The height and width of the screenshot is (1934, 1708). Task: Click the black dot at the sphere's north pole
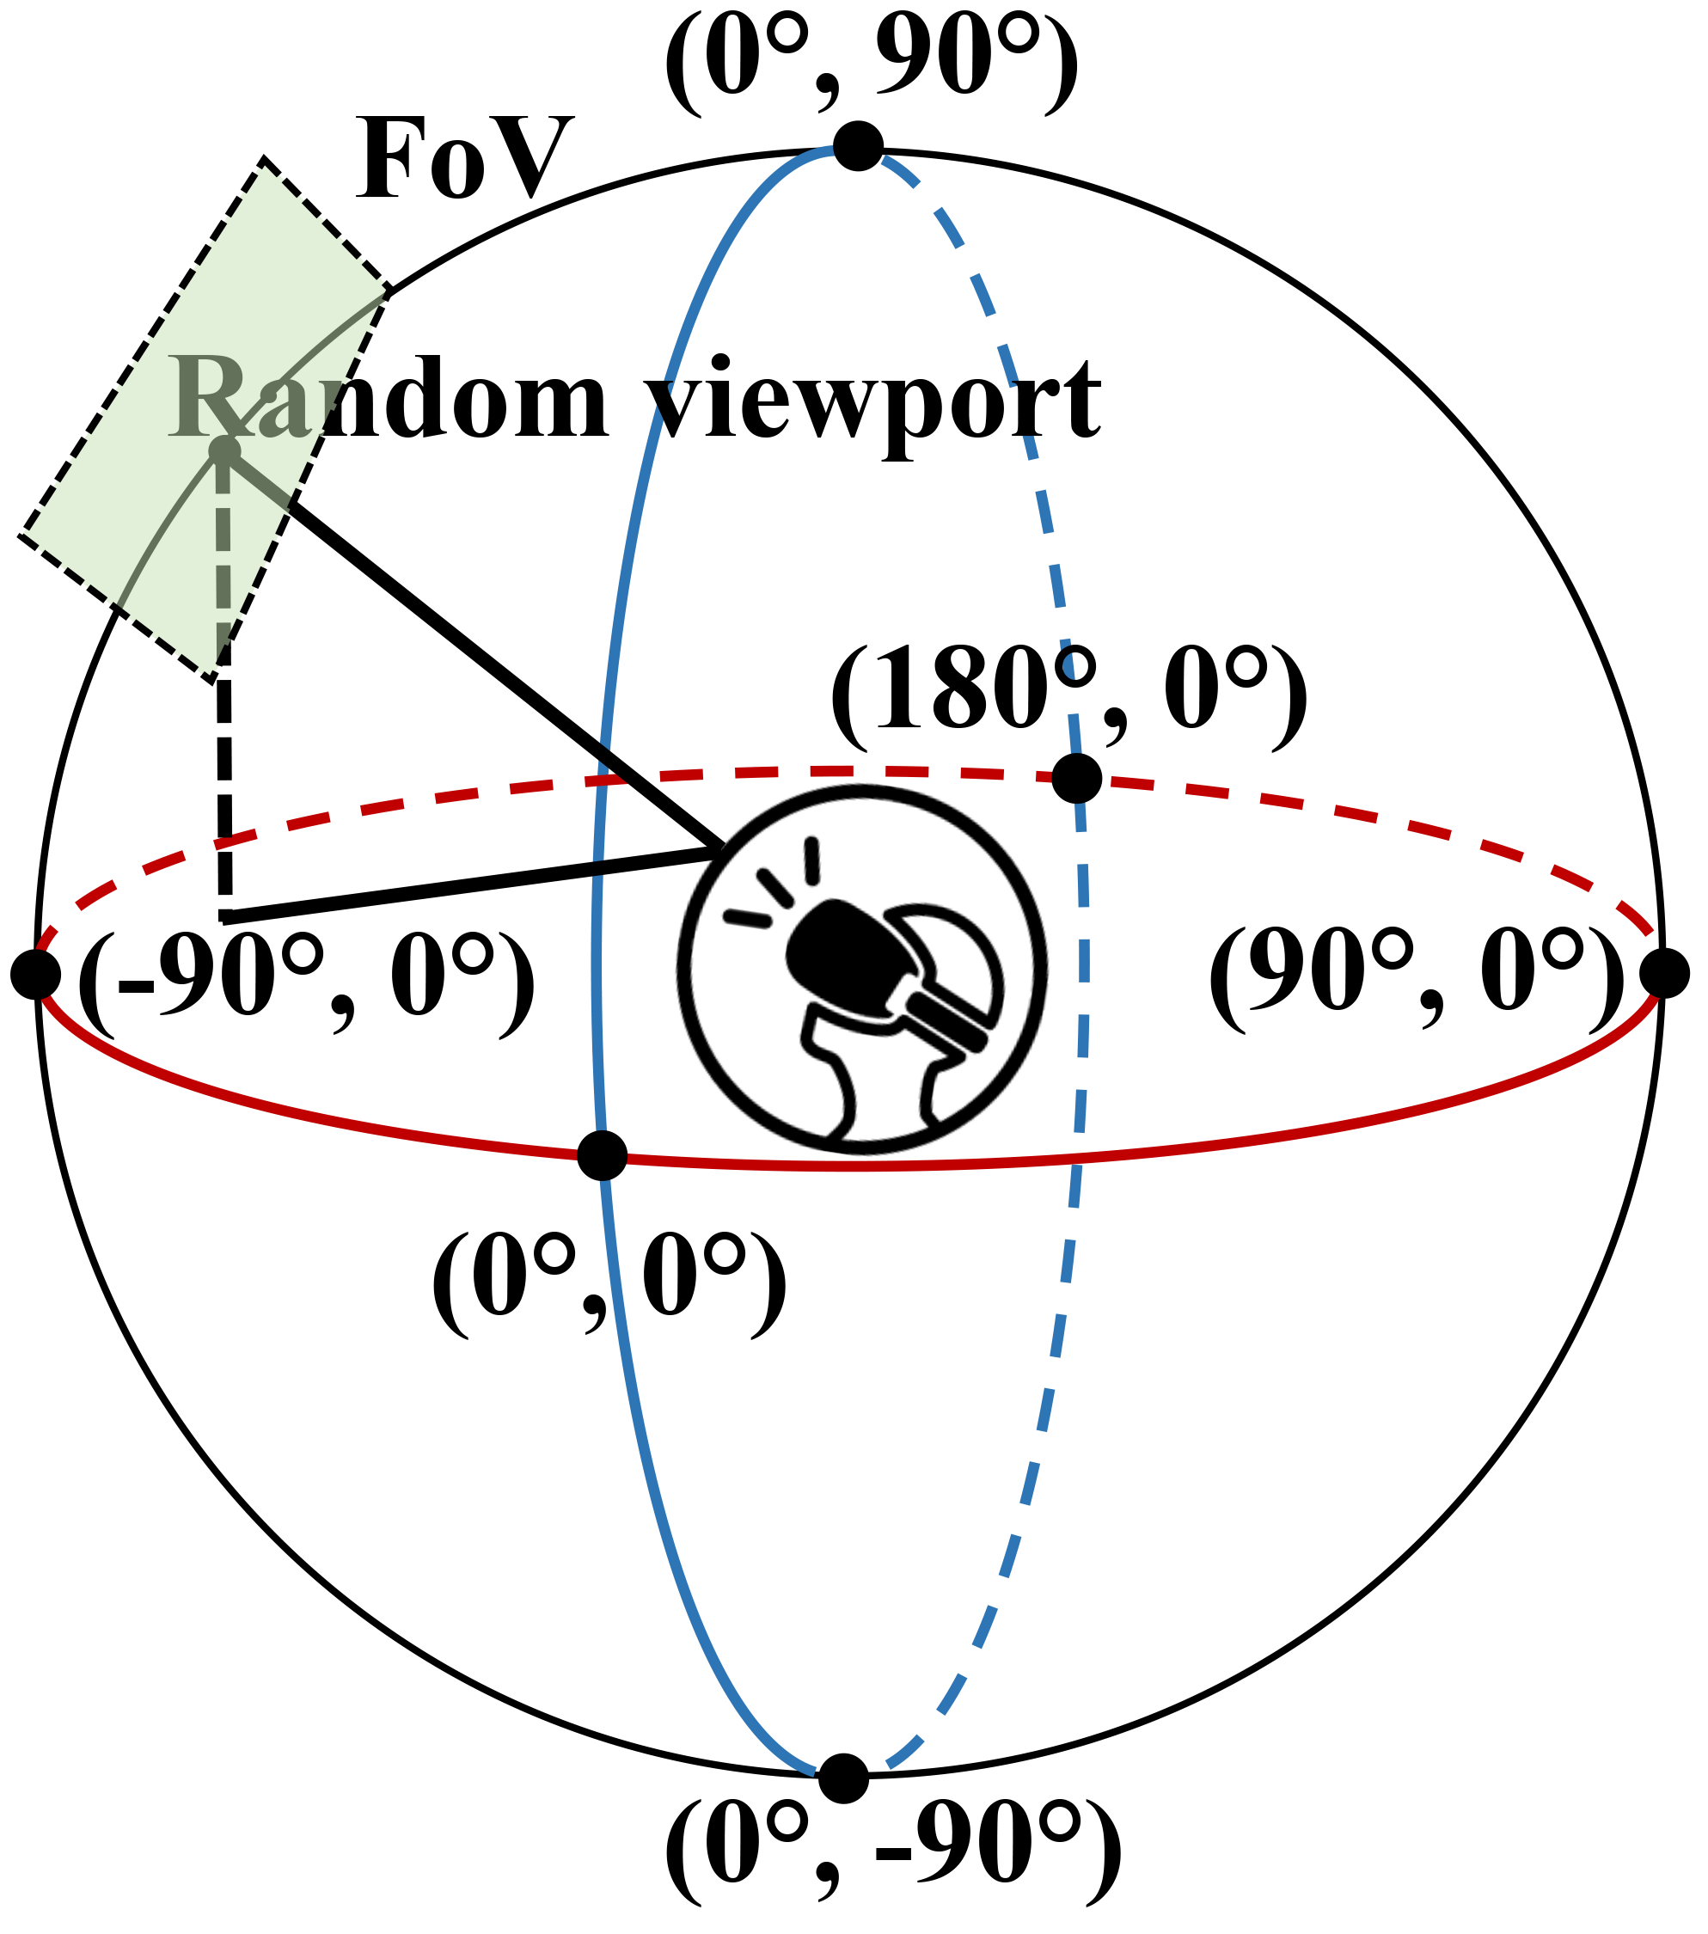pyautogui.click(x=857, y=147)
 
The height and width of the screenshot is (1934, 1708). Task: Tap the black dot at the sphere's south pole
pyautogui.click(x=843, y=1778)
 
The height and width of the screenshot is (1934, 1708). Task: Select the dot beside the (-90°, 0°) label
pyautogui.click(x=36, y=974)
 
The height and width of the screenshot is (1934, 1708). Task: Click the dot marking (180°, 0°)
pyautogui.click(x=1077, y=778)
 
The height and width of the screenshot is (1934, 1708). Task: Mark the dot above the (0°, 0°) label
pyautogui.click(x=602, y=1154)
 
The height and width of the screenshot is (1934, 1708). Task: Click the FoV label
pyautogui.click(x=463, y=159)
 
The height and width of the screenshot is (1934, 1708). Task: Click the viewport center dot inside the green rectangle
pyautogui.click(x=224, y=450)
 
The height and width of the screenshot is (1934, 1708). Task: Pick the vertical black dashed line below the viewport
pyautogui.click(x=224, y=776)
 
